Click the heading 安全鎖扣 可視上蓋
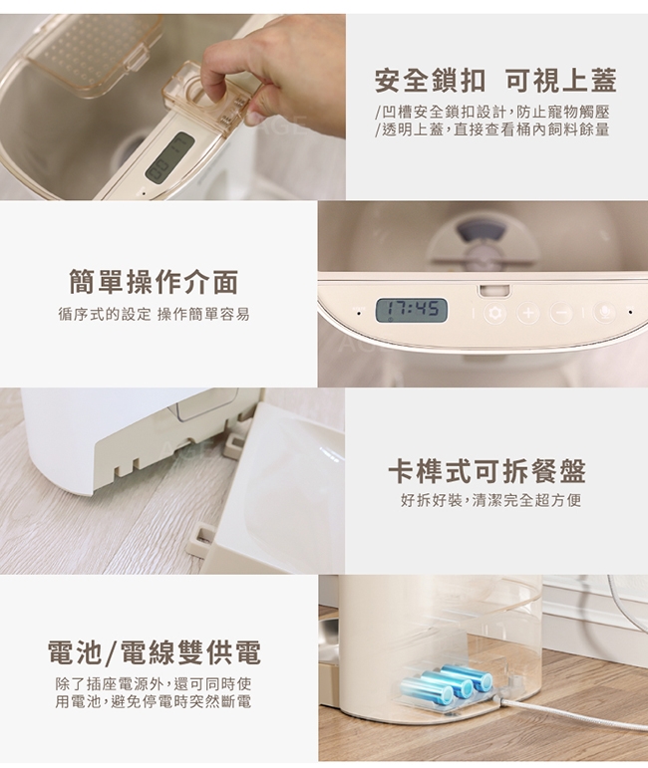[x=495, y=81]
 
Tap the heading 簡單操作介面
[x=154, y=282]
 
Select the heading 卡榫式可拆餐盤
[x=486, y=471]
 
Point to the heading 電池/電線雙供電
[x=155, y=651]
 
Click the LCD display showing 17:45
[x=412, y=310]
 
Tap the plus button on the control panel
[x=528, y=313]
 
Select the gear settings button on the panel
[x=495, y=313]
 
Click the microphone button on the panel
[x=604, y=313]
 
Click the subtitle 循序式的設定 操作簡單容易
[x=154, y=314]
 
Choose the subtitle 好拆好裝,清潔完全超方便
[x=490, y=500]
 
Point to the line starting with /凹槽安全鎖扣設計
[x=492, y=113]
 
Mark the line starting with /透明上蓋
[x=492, y=129]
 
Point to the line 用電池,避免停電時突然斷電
[x=154, y=702]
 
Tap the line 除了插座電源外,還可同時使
[x=154, y=683]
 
